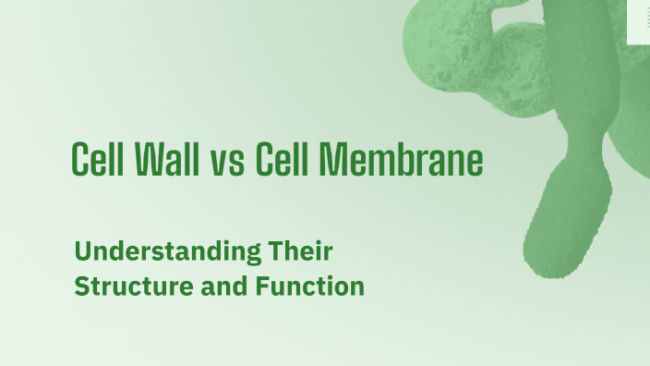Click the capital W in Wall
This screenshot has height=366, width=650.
pos(148,161)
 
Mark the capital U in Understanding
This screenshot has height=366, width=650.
pos(81,250)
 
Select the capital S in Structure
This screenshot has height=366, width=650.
pos(81,287)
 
